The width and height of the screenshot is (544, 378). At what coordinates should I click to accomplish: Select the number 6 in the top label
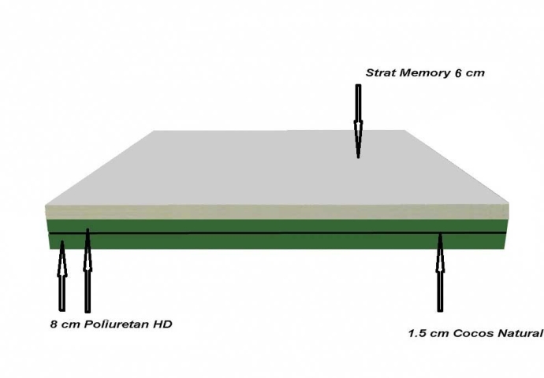(458, 73)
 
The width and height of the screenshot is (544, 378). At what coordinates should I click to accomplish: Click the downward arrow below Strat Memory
(359, 121)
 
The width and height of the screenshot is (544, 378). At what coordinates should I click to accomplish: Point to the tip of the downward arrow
(359, 158)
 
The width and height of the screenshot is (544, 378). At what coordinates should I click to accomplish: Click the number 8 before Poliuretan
(54, 324)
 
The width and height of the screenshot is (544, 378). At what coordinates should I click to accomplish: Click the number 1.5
(416, 333)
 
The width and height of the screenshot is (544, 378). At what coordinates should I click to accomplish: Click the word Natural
(520, 333)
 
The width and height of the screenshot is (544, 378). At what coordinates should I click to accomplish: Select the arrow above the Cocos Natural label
(440, 272)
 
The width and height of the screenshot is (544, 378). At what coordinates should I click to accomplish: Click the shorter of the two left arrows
(62, 276)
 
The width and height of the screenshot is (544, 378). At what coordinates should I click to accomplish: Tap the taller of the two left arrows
(88, 271)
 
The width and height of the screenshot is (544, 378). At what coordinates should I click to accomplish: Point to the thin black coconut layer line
(277, 233)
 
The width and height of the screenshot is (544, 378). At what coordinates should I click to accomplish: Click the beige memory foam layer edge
(277, 212)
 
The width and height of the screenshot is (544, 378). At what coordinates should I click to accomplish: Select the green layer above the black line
(277, 226)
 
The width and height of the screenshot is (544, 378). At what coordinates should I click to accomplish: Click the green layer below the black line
(277, 242)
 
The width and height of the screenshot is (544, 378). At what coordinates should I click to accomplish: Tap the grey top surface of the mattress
(278, 168)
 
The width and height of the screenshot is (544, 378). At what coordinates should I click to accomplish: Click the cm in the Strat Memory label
(475, 73)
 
